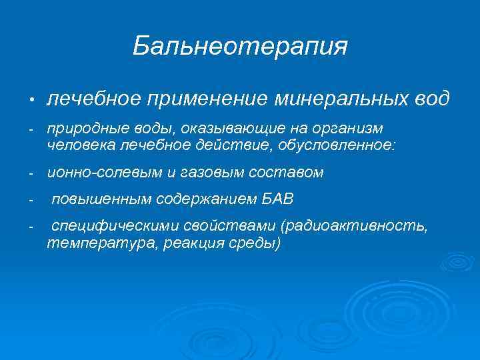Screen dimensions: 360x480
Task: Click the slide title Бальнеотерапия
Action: coord(240,46)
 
